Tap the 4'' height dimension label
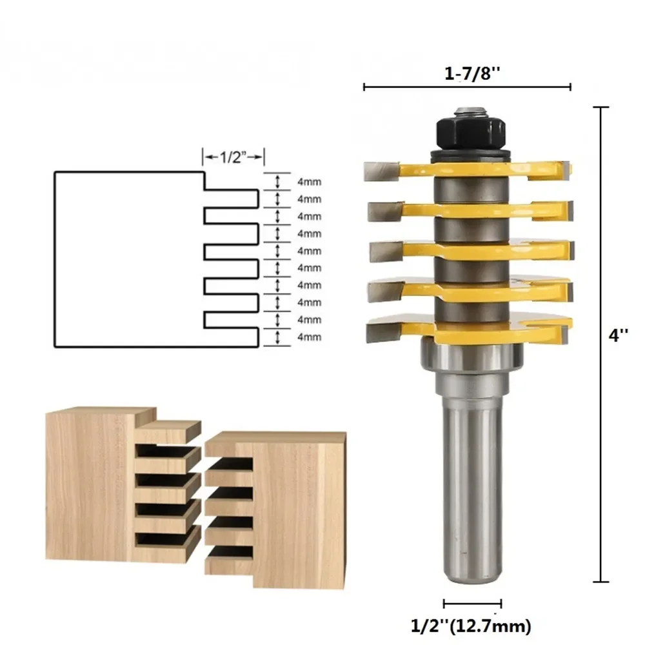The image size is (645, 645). (x=619, y=336)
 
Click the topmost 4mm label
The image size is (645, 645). (x=309, y=182)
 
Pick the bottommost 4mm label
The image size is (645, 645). (x=309, y=336)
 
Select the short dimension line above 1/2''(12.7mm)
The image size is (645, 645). (x=473, y=604)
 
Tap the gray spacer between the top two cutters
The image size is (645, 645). (x=470, y=190)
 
